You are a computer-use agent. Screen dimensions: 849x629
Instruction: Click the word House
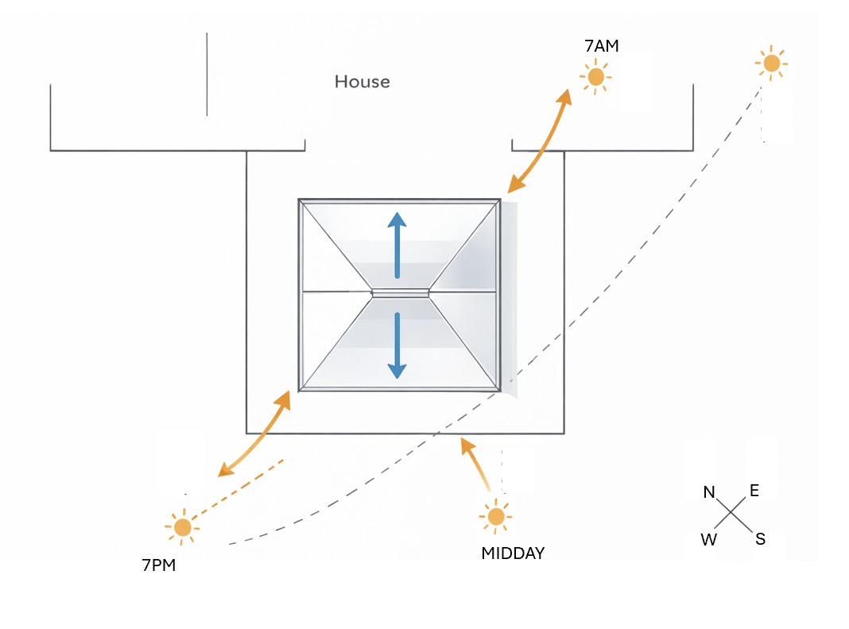click(362, 81)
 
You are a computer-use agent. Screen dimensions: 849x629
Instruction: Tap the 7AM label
click(602, 46)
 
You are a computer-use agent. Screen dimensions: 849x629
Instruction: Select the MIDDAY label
click(513, 553)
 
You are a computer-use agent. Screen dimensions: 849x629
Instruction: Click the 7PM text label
click(159, 565)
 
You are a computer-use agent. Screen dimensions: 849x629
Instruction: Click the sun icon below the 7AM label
click(595, 77)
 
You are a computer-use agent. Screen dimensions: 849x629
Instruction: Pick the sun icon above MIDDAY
click(495, 516)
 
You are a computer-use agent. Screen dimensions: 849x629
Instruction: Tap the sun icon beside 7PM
click(183, 526)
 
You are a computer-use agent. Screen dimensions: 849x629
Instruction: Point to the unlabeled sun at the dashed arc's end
click(771, 64)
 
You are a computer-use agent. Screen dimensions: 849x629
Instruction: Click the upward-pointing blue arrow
click(397, 245)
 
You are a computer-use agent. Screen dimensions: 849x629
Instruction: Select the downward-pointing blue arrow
click(397, 345)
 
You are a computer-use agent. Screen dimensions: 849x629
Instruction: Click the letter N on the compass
click(709, 492)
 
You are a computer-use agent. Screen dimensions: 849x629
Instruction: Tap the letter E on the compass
click(754, 491)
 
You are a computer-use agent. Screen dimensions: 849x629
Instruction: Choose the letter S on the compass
click(760, 539)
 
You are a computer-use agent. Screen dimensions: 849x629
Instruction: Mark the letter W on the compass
click(709, 540)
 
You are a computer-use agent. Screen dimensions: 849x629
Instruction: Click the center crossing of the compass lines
click(731, 513)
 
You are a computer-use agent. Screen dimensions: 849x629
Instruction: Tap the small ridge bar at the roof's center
click(400, 293)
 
